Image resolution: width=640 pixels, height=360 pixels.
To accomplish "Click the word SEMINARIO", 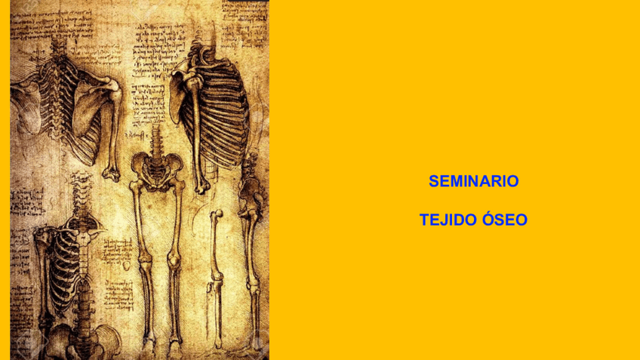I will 473,181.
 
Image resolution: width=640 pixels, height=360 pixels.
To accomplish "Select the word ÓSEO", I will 503,220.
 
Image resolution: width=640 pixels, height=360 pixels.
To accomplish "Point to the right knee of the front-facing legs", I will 174,260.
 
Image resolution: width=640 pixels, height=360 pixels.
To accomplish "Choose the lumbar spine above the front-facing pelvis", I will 157,140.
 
